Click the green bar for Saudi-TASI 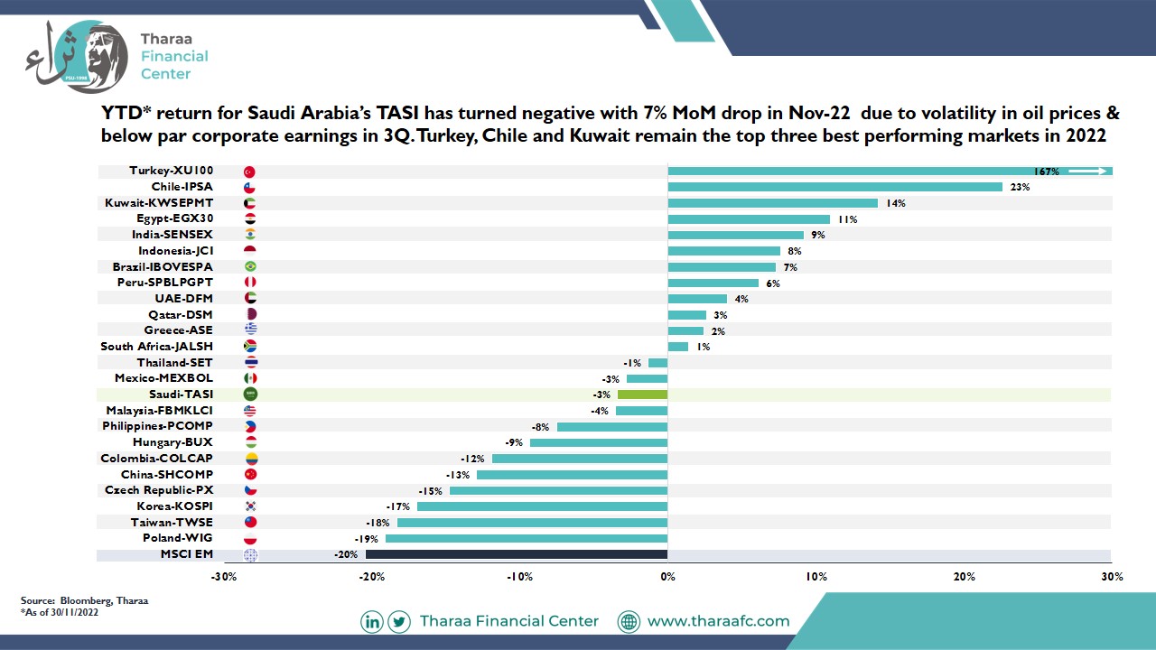[642, 395]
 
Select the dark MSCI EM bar [516, 554]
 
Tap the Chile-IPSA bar [835, 187]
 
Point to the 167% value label [1046, 172]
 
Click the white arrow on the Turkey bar [1088, 172]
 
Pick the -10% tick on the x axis [519, 577]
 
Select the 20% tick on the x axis [964, 577]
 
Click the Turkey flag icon [250, 172]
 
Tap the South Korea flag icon [250, 506]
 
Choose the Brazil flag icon [250, 266]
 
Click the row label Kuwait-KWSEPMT [159, 203]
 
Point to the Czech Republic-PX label [159, 490]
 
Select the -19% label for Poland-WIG [367, 539]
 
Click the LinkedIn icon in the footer [371, 622]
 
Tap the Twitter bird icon [399, 622]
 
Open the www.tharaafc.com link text [718, 621]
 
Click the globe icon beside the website [629, 622]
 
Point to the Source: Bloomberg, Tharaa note [84, 600]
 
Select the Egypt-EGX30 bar [749, 219]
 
